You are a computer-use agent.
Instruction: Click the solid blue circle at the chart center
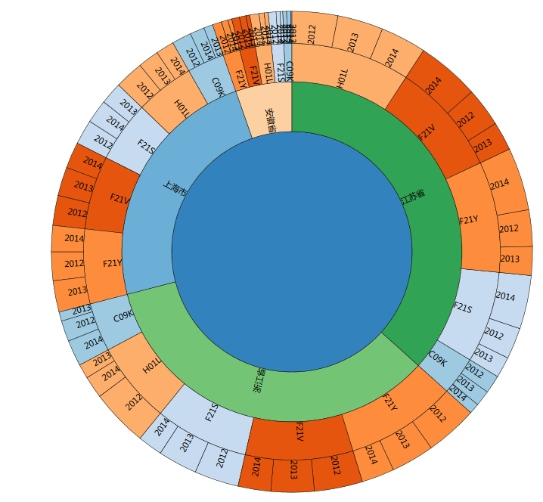point(292,252)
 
